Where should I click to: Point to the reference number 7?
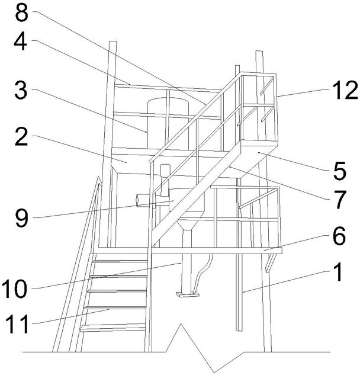[339, 199]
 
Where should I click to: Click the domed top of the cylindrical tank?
[168, 102]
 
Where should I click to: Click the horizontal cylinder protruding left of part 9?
[146, 200]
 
